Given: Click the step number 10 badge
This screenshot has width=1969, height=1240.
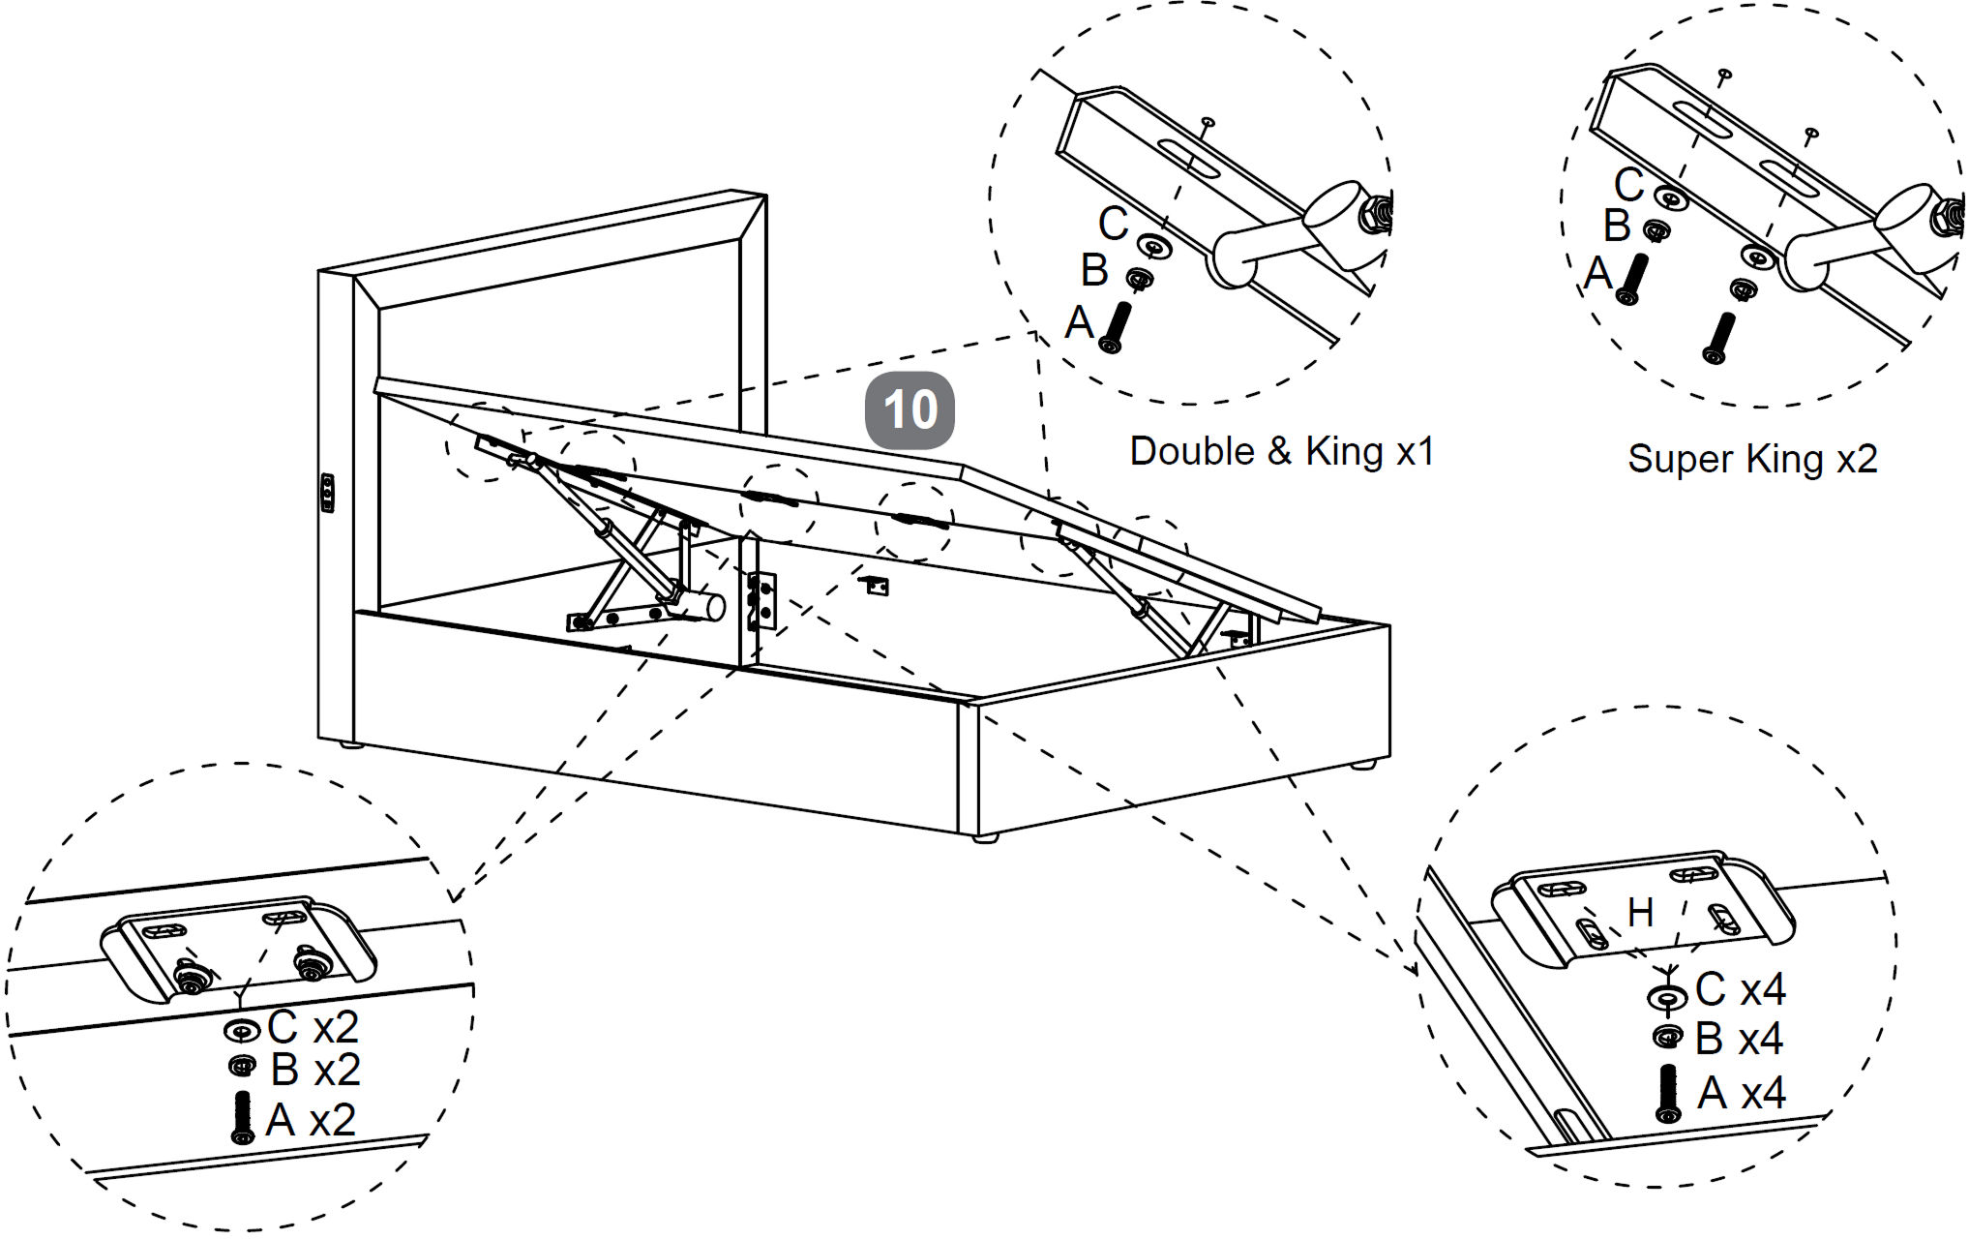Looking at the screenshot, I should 910,410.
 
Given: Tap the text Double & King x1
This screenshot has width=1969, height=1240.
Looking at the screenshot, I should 1281,451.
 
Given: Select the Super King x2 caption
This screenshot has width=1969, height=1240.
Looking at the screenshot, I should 1752,459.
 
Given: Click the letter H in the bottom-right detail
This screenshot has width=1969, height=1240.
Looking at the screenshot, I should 1640,912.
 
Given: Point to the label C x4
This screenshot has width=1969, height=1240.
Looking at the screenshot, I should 1740,989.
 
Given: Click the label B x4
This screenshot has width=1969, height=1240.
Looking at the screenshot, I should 1739,1039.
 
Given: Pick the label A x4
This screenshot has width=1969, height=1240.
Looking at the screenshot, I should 1742,1093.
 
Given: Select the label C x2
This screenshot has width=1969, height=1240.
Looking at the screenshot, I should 313,1027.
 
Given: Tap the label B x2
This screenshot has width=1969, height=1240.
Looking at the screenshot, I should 315,1070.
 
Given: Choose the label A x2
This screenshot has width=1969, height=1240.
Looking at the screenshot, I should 311,1120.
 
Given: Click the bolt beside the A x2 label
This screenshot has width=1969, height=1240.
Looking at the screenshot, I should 243,1118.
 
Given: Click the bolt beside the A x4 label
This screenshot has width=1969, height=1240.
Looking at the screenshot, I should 1668,1093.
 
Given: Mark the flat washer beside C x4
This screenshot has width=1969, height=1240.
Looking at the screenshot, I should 1667,996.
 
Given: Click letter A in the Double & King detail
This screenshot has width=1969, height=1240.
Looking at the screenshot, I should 1079,322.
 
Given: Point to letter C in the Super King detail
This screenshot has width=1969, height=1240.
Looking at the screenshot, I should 1628,184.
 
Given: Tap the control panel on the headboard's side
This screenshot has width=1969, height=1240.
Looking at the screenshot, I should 327,493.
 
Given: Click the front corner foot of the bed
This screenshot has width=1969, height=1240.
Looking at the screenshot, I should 985,837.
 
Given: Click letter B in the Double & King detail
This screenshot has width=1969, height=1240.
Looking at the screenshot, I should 1094,271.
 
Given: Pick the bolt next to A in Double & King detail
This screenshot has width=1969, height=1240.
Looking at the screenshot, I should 1116,327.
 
